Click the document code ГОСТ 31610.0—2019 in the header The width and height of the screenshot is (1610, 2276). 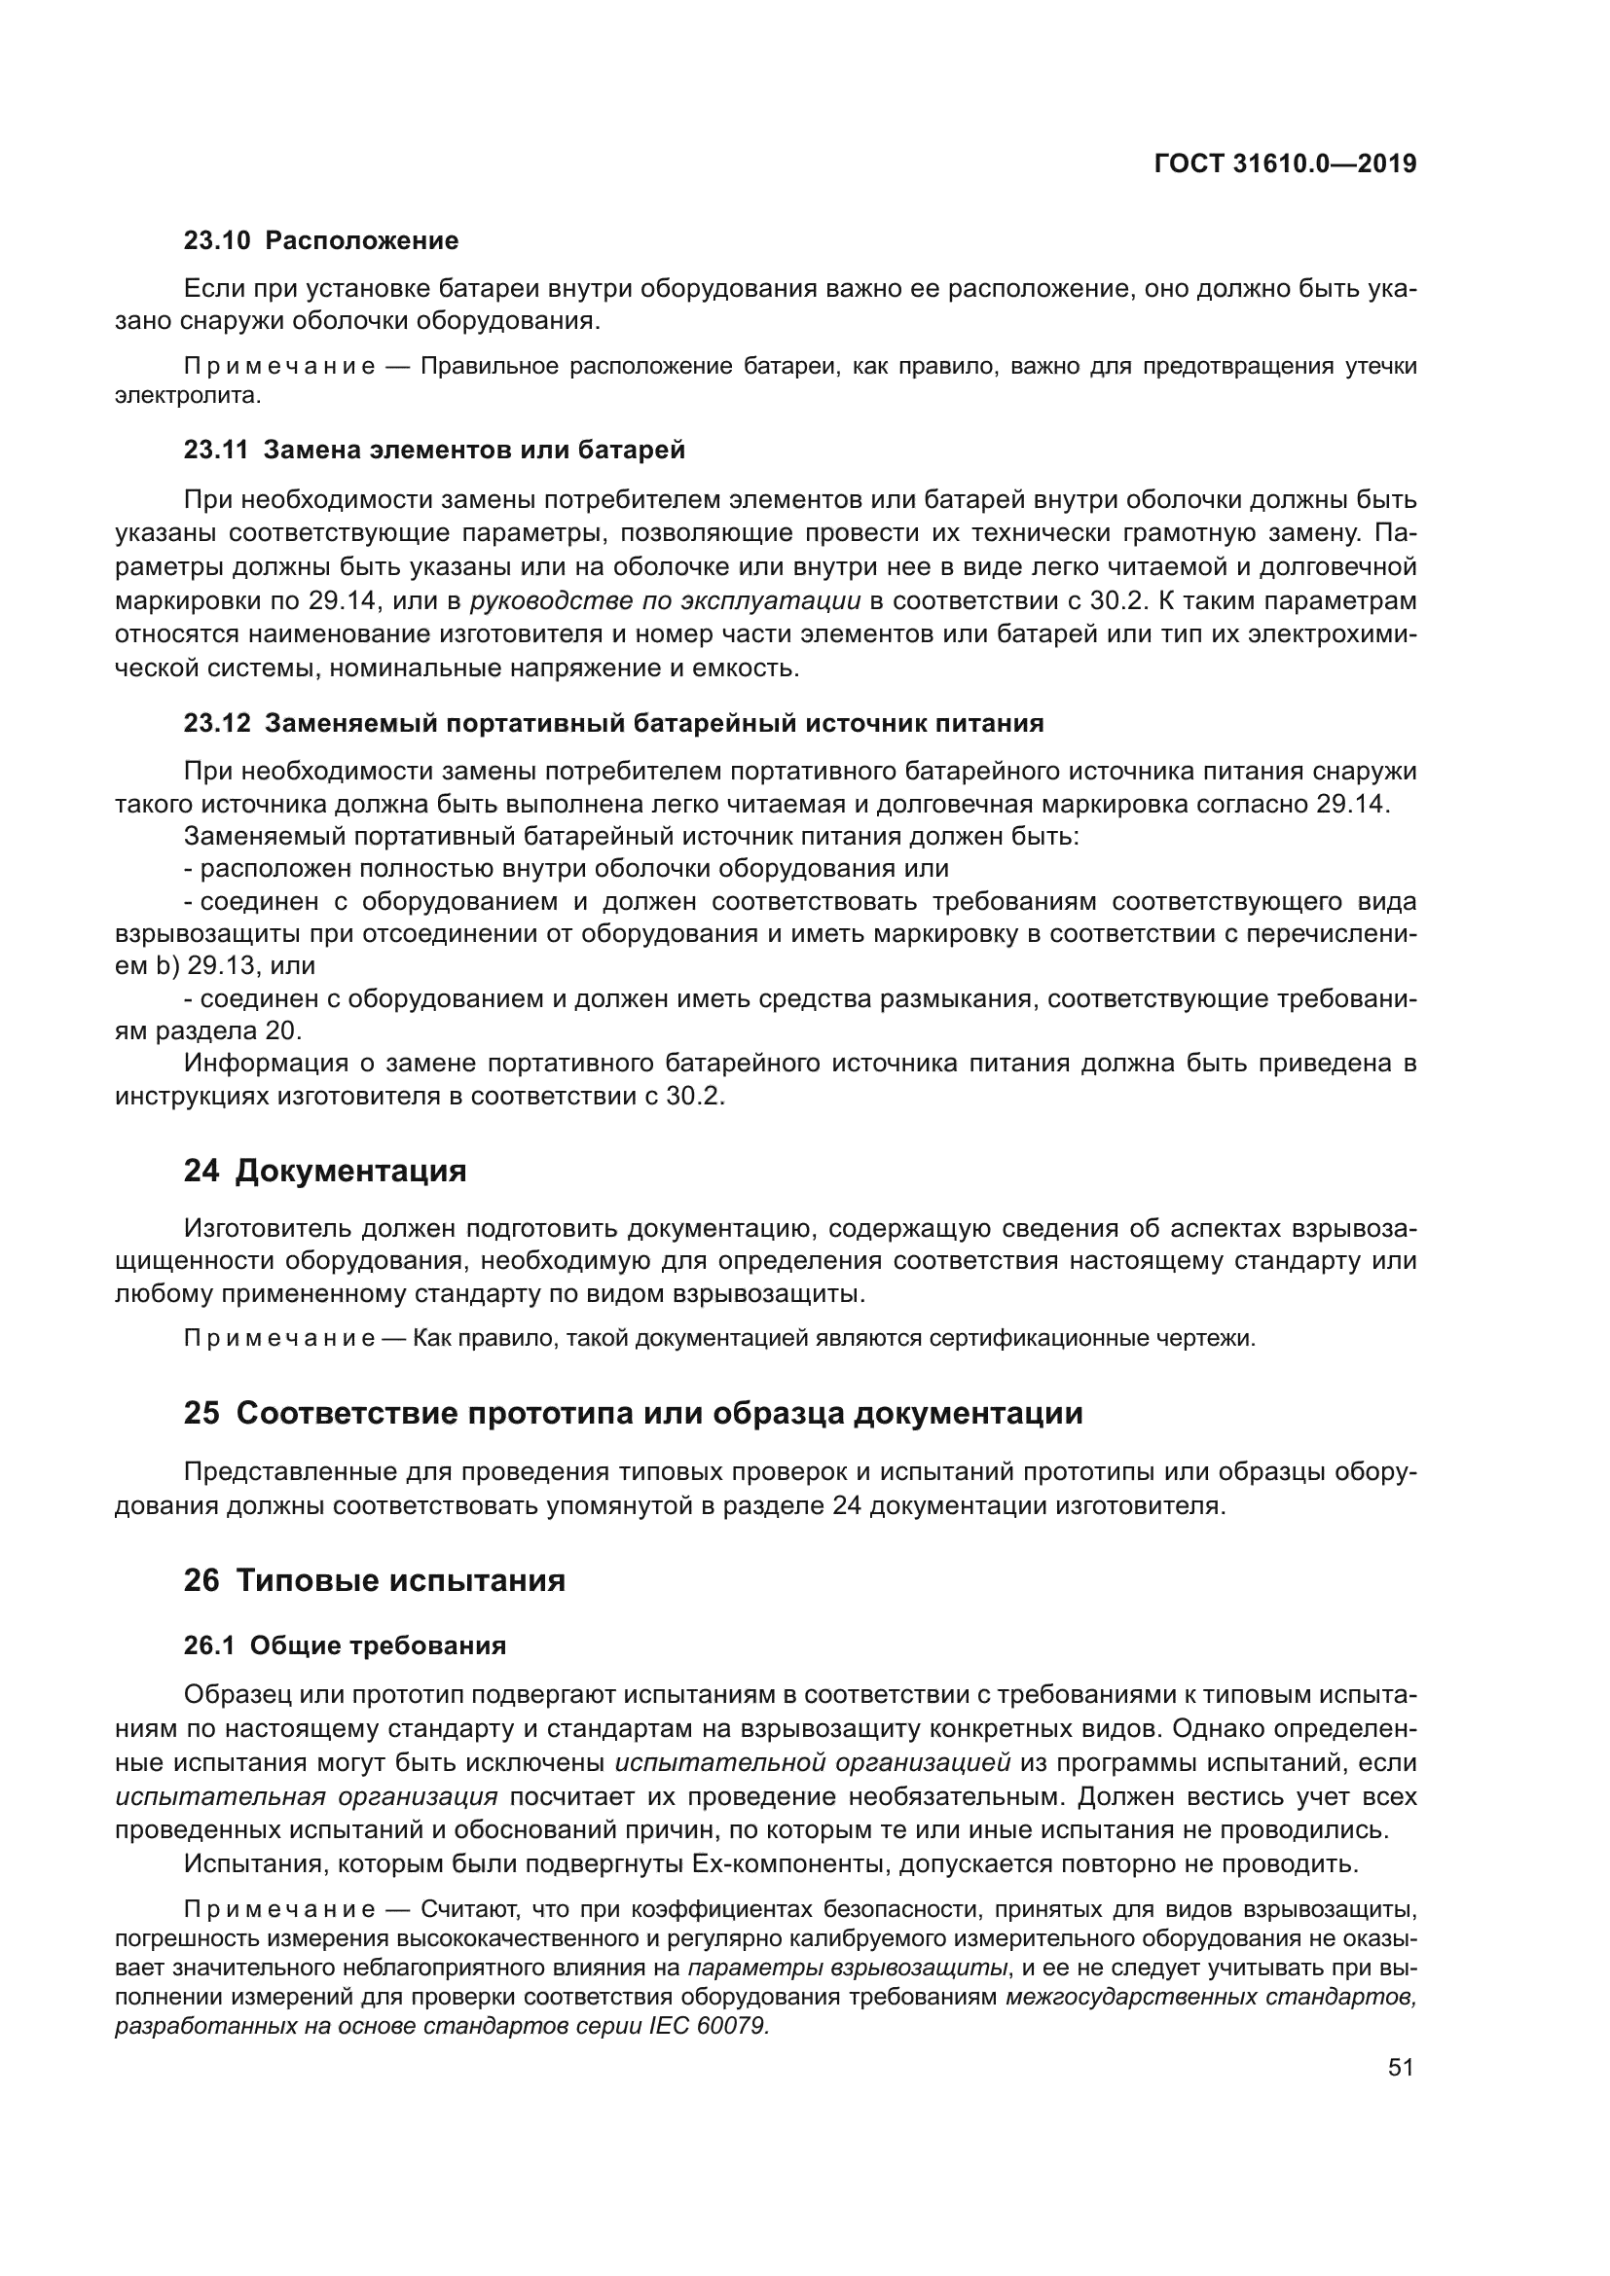click(1285, 164)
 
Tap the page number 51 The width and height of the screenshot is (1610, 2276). click(1400, 2067)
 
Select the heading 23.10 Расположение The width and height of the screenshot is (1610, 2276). click(321, 241)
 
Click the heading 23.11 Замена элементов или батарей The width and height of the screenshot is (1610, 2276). click(434, 451)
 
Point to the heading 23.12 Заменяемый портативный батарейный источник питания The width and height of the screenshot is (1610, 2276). click(613, 724)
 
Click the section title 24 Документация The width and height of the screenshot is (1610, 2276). click(324, 1171)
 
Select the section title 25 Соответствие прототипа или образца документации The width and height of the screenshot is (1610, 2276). click(633, 1413)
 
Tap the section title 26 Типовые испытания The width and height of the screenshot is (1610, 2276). click(374, 1580)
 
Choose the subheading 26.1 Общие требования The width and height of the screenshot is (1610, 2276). click(344, 1645)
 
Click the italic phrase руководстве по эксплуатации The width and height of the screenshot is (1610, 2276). click(665, 601)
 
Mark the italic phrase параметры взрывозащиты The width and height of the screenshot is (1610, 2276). click(849, 1969)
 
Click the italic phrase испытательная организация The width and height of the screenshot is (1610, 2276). click(307, 1797)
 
